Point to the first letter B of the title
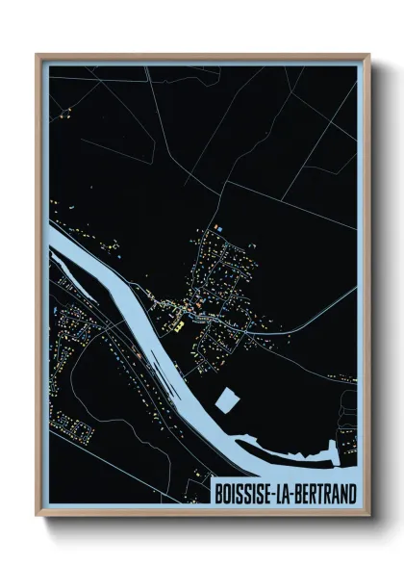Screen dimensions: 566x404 [216, 494]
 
